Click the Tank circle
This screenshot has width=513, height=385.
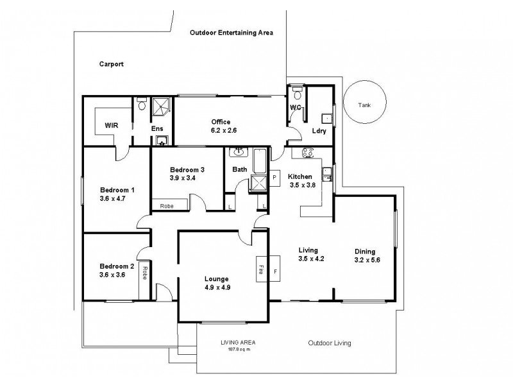pyautogui.click(x=364, y=105)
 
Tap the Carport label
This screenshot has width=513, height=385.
pyautogui.click(x=111, y=64)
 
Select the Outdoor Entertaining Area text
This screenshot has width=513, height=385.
pyautogui.click(x=231, y=32)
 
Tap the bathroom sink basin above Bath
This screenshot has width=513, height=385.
pyautogui.click(x=239, y=153)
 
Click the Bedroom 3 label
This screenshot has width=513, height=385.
pyautogui.click(x=187, y=169)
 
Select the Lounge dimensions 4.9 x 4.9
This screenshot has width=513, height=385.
pyautogui.click(x=217, y=287)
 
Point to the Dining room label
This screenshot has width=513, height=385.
pyautogui.click(x=364, y=252)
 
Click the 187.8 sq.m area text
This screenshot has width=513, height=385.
pyautogui.click(x=234, y=349)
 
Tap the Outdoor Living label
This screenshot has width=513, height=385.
pyautogui.click(x=329, y=343)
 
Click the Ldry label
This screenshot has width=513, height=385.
pyautogui.click(x=319, y=131)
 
